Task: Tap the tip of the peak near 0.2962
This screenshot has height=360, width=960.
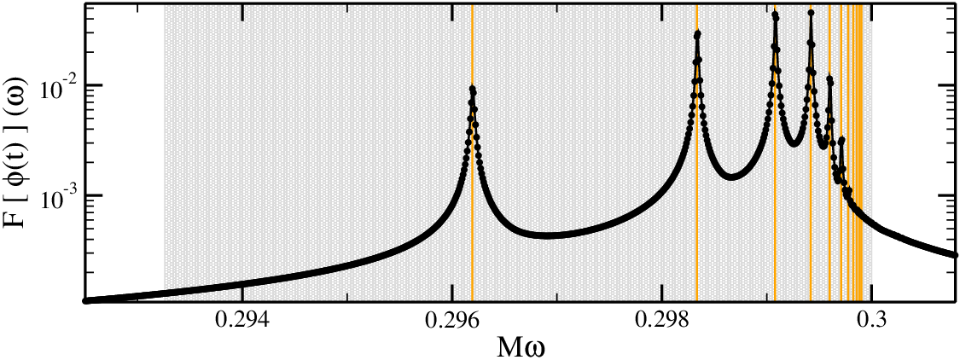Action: coord(472,88)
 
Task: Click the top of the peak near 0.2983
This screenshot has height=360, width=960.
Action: coord(697,33)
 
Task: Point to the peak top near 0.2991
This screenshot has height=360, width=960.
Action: coord(775,15)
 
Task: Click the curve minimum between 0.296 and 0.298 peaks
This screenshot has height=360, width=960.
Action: coord(547,235)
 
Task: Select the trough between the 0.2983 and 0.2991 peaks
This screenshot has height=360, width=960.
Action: coord(731,177)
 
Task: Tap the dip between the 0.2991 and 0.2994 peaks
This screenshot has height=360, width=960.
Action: coord(794,143)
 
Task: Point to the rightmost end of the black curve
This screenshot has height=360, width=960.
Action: coord(955,255)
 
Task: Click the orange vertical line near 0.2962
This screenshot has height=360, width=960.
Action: coord(472,153)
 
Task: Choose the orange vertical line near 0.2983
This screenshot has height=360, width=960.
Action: coord(697,153)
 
